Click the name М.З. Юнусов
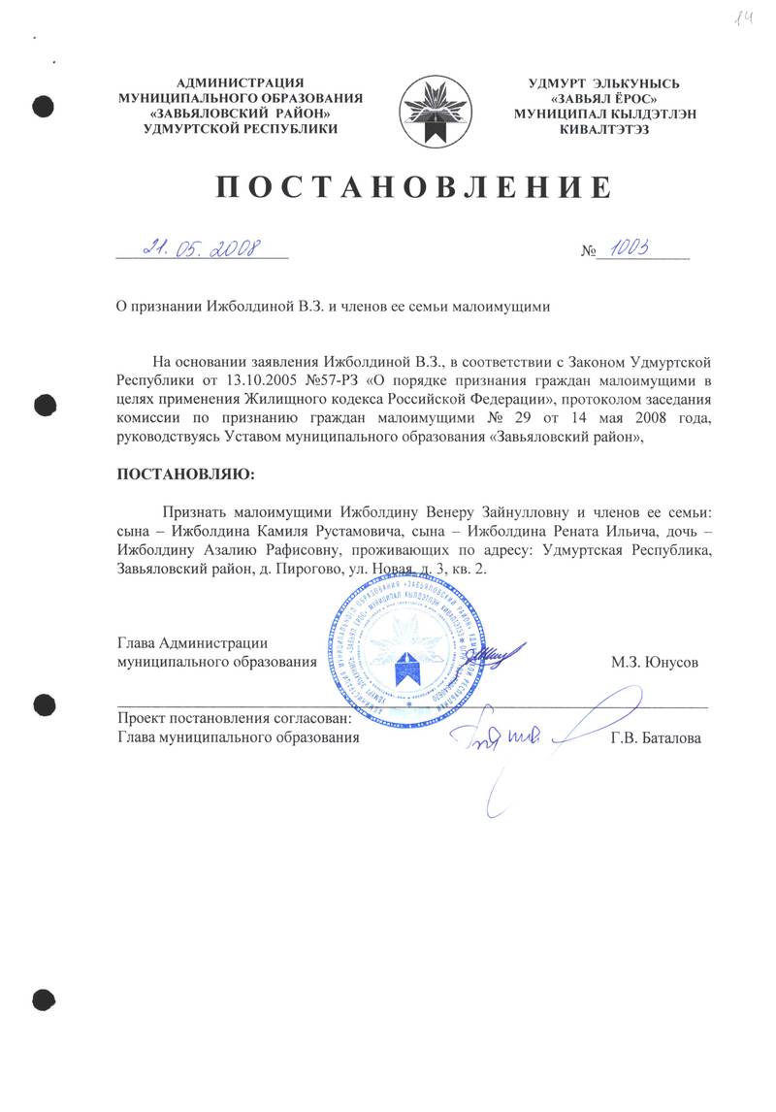[x=655, y=664]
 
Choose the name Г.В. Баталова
[x=656, y=738]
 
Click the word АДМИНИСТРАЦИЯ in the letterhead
[x=240, y=82]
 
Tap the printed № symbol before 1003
[x=587, y=251]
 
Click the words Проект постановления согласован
[x=233, y=720]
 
